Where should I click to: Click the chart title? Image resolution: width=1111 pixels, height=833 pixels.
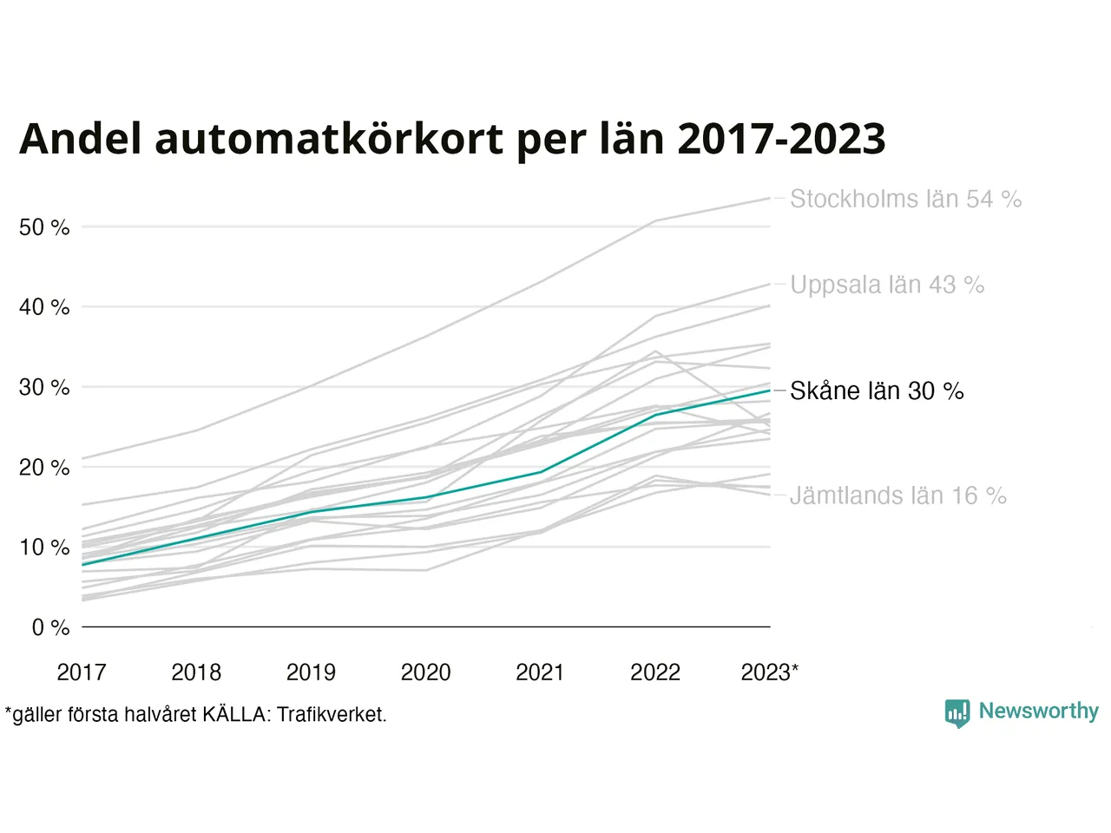tap(452, 139)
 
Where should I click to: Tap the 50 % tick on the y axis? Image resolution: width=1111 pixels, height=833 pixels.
tap(44, 227)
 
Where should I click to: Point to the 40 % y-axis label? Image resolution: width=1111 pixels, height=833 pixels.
tap(44, 307)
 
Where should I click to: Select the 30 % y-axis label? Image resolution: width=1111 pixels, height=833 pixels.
tap(44, 387)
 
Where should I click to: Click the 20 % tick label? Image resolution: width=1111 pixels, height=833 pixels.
tap(44, 468)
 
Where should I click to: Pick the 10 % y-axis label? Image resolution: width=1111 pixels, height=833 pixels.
tap(44, 548)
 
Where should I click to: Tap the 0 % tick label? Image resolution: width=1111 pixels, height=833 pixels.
tap(50, 627)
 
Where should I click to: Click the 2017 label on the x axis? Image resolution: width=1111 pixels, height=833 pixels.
tap(82, 672)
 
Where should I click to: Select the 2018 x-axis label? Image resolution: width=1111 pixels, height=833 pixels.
tap(196, 672)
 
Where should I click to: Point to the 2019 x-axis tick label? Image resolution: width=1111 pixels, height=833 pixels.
tap(311, 672)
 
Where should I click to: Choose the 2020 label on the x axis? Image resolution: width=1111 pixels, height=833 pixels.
tap(425, 672)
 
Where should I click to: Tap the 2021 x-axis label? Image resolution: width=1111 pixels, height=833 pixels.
tap(540, 672)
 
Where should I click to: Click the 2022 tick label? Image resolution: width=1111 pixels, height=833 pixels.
tap(655, 672)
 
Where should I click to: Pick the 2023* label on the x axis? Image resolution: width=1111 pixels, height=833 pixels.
tap(769, 672)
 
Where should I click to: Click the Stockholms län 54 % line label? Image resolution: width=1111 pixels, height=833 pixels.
tap(905, 199)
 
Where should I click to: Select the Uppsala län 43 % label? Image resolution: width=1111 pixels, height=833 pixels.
tap(887, 285)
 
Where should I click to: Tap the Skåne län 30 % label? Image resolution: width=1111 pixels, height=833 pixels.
tap(877, 391)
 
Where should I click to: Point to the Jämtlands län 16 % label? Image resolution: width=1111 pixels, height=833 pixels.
tap(897, 495)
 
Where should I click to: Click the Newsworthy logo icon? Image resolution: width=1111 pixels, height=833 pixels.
tap(957, 713)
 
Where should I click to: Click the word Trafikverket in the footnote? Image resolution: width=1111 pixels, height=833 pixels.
tap(331, 715)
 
